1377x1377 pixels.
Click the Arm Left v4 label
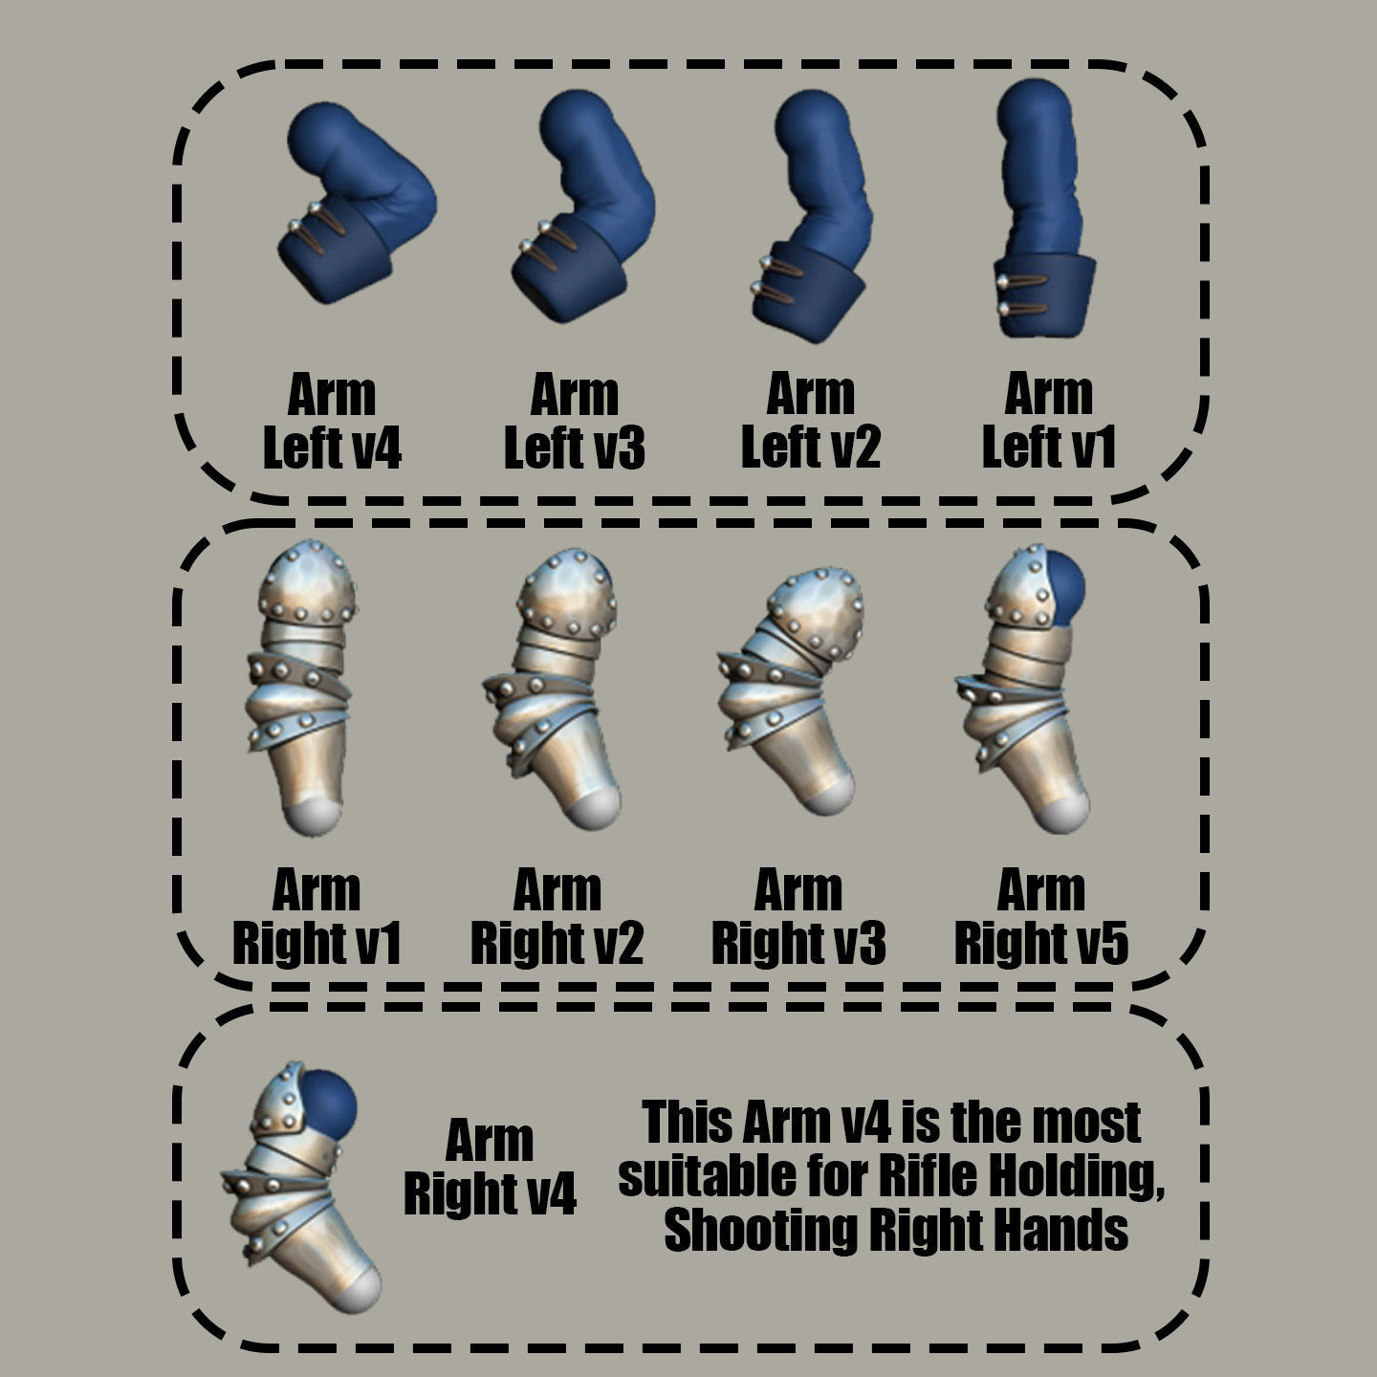(332, 421)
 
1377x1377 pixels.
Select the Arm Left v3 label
(574, 421)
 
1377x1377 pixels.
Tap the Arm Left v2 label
(810, 421)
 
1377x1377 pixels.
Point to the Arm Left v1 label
(1048, 421)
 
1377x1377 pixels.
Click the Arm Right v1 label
(317, 917)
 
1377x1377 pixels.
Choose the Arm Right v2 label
(557, 917)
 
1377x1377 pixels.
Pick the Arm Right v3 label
(798, 917)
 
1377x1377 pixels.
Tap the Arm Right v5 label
(1040, 917)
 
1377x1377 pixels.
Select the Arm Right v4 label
(490, 1167)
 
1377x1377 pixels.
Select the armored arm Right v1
(301, 679)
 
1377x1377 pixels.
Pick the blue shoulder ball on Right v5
(1064, 585)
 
